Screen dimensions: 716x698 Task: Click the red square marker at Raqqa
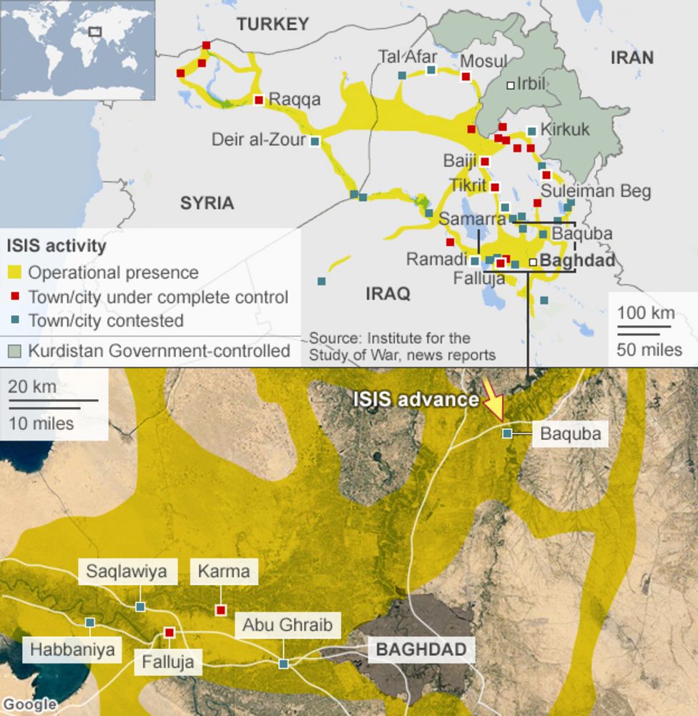click(x=259, y=100)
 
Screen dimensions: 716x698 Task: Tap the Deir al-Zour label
click(x=258, y=139)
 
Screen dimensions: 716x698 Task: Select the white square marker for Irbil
click(x=511, y=85)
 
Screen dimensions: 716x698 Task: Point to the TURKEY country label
click(x=273, y=24)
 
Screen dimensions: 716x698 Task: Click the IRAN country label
click(x=631, y=58)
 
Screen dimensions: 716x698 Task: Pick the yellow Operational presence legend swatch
click(x=14, y=273)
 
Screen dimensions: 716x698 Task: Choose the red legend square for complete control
click(x=14, y=296)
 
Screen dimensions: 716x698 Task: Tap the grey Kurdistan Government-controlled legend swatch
click(x=14, y=351)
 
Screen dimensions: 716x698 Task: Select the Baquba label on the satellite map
click(x=570, y=433)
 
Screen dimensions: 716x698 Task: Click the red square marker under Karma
click(x=220, y=610)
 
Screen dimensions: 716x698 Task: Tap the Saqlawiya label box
click(x=127, y=571)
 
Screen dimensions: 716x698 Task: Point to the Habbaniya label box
click(x=72, y=651)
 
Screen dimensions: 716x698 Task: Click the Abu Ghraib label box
click(x=287, y=626)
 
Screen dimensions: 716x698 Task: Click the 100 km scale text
click(x=647, y=313)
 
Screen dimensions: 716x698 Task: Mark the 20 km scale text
click(x=33, y=386)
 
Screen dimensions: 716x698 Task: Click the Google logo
click(x=29, y=705)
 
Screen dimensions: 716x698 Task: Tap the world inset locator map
click(x=78, y=49)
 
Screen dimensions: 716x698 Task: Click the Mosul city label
click(x=483, y=62)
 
